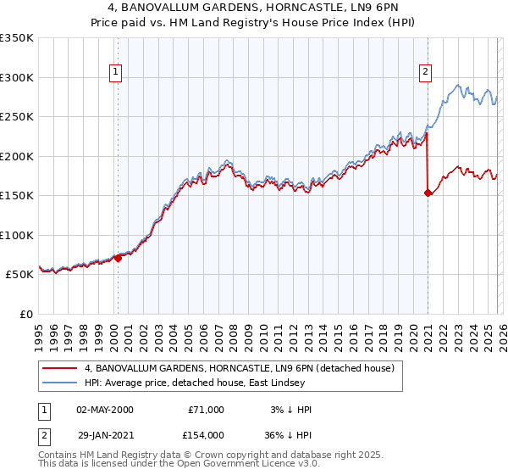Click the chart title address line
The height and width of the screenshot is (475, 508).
tap(254, 8)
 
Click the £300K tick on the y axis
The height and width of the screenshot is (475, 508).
tap(17, 77)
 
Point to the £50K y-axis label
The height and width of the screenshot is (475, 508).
tap(19, 275)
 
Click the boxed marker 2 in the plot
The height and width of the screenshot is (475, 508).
tap(425, 73)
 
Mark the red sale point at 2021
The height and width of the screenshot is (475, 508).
tap(428, 193)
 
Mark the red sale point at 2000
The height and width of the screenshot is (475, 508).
tap(118, 259)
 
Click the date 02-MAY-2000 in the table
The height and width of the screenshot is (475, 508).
tap(104, 410)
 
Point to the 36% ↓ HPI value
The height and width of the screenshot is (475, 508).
tap(287, 434)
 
